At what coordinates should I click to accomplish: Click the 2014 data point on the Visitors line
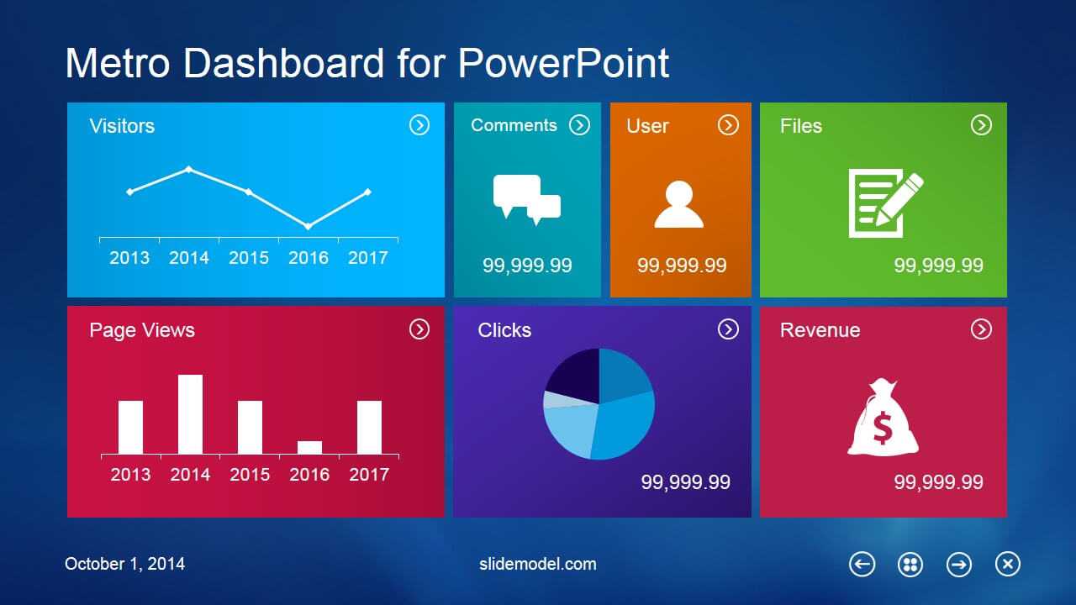coord(189,169)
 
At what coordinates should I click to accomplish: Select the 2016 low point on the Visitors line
coord(309,226)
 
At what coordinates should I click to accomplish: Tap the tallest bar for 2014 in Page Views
coord(190,414)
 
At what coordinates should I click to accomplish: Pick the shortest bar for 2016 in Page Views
coord(310,448)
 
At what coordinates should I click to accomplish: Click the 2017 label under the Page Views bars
coord(369,475)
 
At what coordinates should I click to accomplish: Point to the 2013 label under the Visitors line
coord(129,258)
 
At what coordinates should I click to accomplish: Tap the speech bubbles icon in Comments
coord(527,200)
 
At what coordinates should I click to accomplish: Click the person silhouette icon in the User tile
coord(679,204)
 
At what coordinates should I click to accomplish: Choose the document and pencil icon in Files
coord(886,203)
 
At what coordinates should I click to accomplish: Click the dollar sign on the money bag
coord(883,428)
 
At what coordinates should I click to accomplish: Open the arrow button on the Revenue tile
coord(981,329)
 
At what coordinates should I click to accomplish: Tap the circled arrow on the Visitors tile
coord(419,125)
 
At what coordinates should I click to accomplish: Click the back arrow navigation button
coord(862,564)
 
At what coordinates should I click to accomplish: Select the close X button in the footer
coord(1008,564)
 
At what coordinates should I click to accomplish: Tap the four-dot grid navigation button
coord(910,564)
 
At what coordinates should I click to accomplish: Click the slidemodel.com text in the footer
coord(537,564)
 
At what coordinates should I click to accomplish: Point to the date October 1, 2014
coord(125,564)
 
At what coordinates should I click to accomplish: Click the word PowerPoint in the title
coord(563,63)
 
